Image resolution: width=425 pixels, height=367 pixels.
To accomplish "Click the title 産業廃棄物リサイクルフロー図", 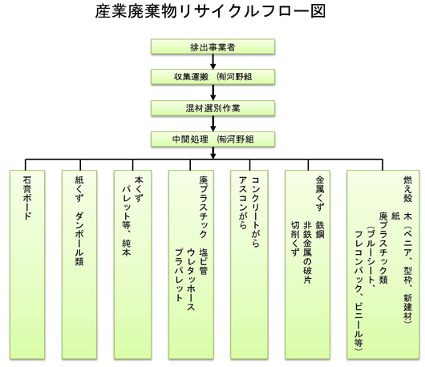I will click(212, 14).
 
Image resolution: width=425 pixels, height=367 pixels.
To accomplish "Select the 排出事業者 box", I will click(212, 47).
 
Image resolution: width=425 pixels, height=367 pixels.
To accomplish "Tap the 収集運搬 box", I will click(212, 77).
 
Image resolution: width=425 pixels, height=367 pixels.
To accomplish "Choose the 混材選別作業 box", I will click(212, 107).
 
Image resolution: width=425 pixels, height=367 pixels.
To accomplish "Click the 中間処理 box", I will click(212, 139).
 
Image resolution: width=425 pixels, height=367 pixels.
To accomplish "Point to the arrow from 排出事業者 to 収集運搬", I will click(212, 63).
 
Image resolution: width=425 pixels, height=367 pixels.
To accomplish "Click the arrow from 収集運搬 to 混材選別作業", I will click(212, 92).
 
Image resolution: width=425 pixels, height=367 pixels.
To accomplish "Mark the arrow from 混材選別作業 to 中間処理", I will click(212, 123).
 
